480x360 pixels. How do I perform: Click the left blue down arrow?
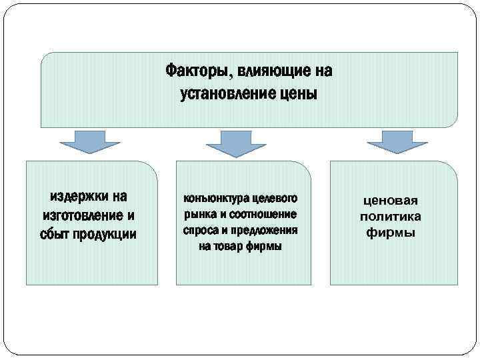pos(90,142)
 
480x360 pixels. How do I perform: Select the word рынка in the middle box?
pos(197,215)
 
